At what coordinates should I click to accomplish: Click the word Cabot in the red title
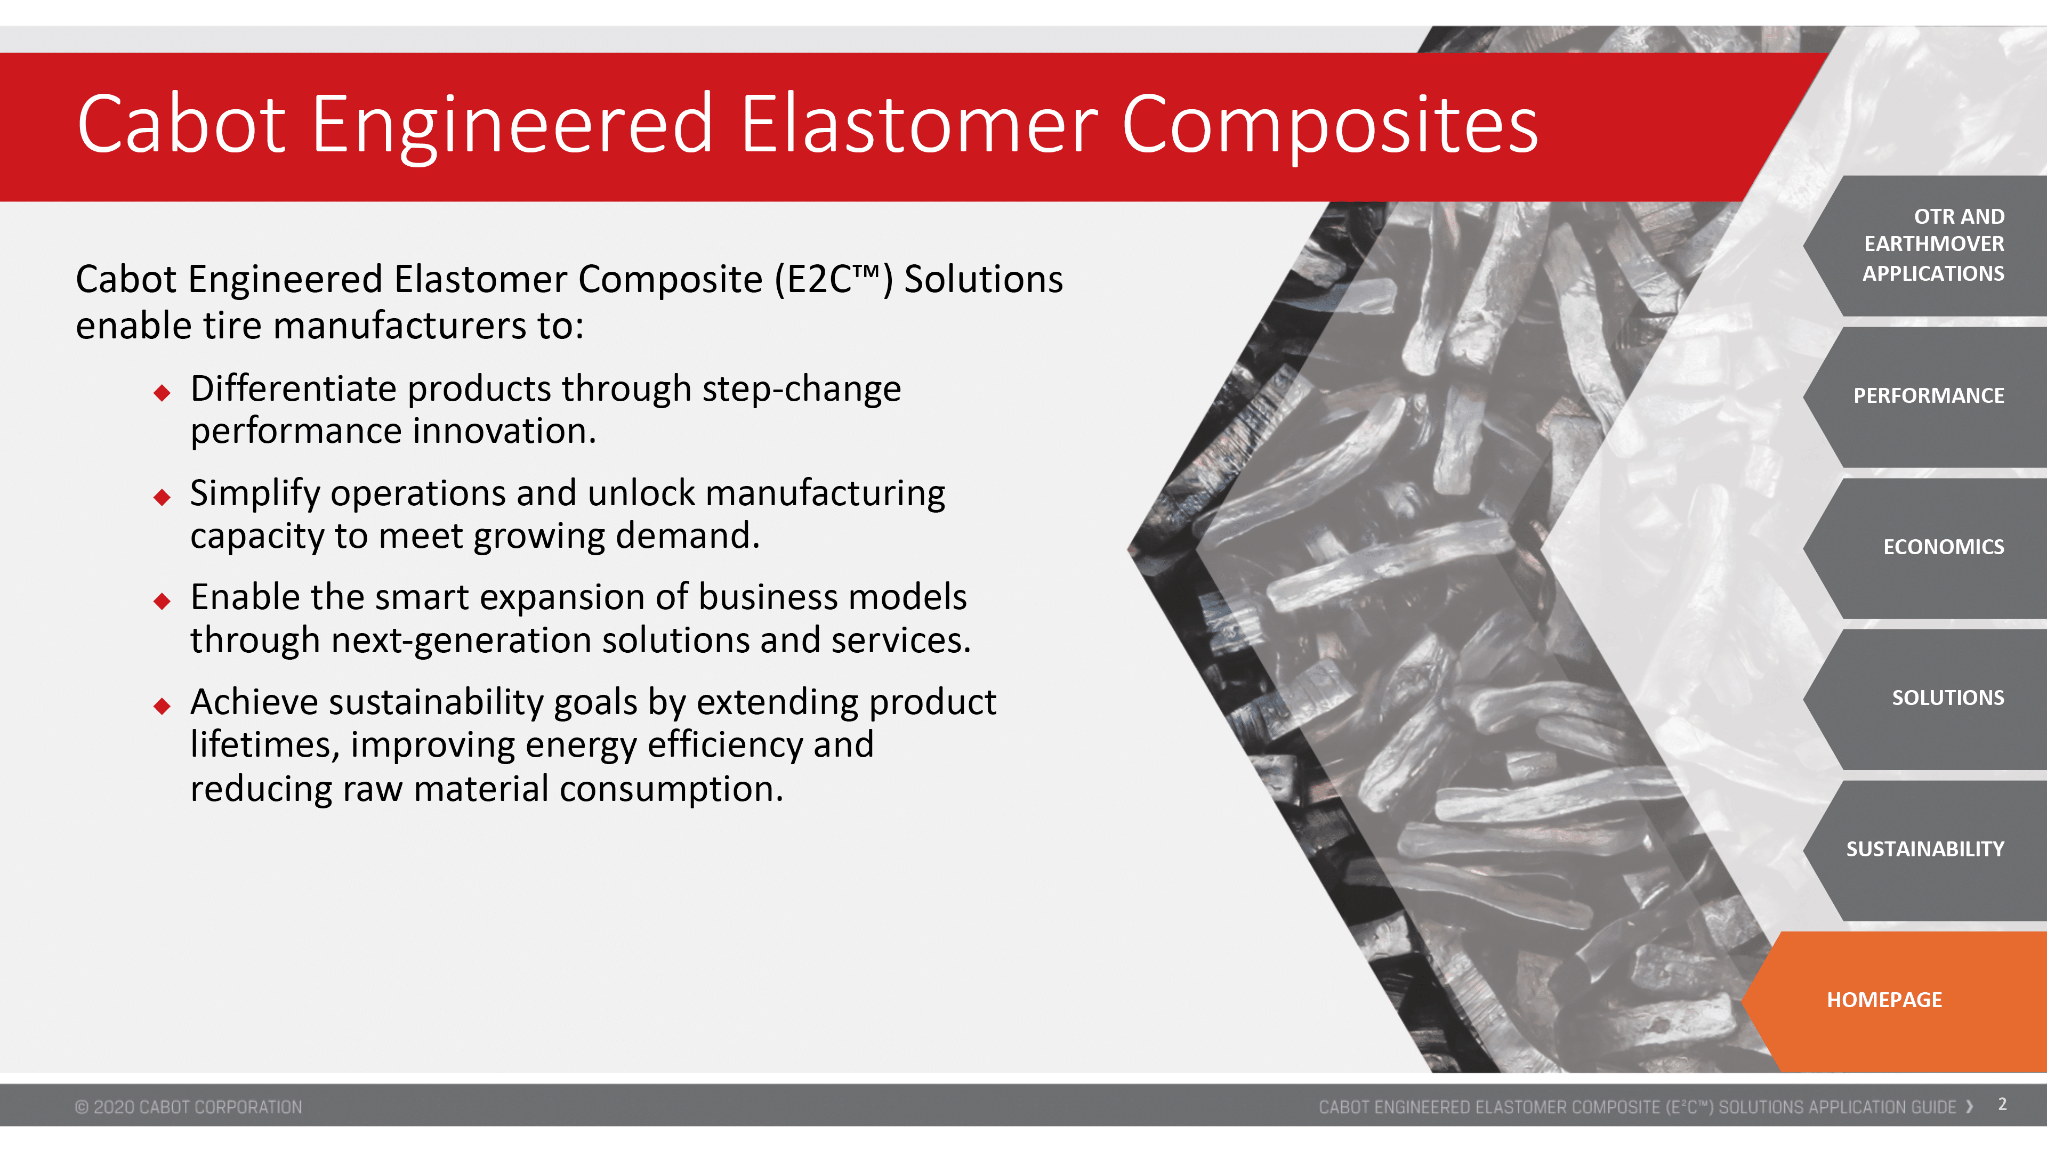point(181,124)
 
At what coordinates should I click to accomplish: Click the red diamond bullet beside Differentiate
point(162,392)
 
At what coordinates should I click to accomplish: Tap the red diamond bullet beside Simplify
point(162,497)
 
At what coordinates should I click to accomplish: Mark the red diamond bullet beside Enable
point(162,601)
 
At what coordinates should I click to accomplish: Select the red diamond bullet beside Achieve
point(162,706)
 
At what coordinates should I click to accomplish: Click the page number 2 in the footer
point(2003,1105)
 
